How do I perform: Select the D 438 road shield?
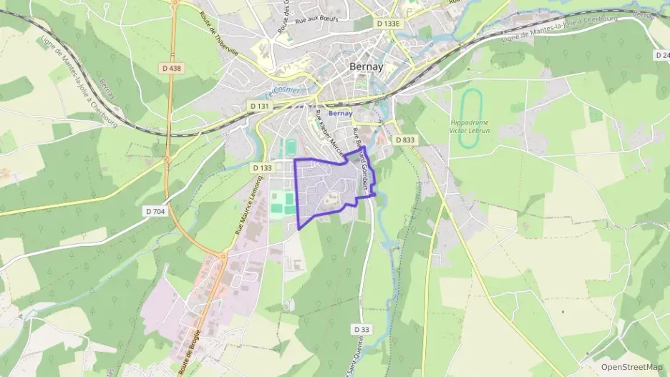point(172,68)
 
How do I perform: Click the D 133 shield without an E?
point(263,167)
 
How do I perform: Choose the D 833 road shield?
point(405,140)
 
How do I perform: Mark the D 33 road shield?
point(362,329)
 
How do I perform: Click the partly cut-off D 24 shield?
point(662,55)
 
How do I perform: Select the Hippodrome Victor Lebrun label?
point(469,127)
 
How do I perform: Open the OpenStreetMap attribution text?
point(632,367)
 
